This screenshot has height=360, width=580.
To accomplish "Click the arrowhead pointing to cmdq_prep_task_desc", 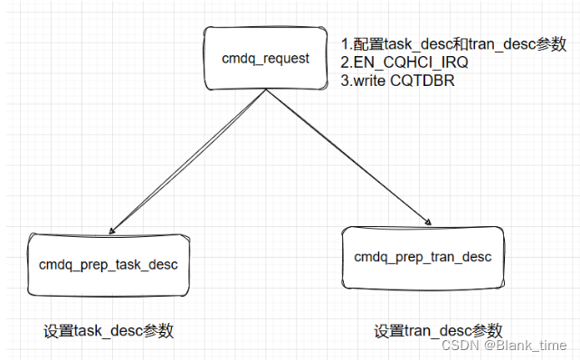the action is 112,231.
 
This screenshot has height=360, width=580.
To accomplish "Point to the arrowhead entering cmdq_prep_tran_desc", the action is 428,222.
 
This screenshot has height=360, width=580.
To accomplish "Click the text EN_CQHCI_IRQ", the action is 411,62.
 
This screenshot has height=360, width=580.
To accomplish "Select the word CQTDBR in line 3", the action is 422,81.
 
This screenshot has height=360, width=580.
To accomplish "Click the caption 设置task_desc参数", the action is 109,330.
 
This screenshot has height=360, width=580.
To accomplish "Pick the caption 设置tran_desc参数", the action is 438,330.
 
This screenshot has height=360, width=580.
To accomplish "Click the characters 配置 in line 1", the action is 368,44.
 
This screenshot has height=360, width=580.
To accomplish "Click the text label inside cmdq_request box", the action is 266,59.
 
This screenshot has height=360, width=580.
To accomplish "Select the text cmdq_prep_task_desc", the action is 109,265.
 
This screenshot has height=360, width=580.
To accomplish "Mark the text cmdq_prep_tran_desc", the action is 423,257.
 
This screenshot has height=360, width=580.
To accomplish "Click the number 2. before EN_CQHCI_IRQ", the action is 347,62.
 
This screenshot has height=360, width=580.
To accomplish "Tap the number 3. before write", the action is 347,81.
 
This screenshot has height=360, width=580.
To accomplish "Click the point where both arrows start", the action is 266,90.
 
